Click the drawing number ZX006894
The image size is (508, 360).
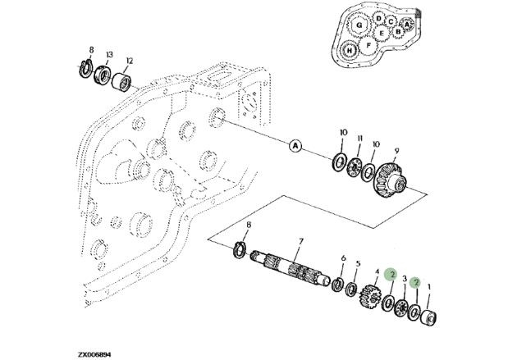(x=94, y=355)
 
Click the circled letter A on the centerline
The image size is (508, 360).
(x=295, y=146)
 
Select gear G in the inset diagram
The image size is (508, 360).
(x=359, y=25)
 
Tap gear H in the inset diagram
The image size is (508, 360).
(x=350, y=51)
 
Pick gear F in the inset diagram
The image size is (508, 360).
(x=368, y=46)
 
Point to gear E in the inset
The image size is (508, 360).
(x=382, y=33)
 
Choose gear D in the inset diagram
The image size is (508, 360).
(x=378, y=18)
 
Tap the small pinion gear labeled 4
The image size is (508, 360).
(x=369, y=296)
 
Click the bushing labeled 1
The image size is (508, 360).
(x=428, y=317)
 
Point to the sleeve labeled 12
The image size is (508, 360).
(x=122, y=81)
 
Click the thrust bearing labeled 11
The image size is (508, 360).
(x=354, y=168)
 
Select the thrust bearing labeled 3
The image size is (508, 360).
(x=402, y=308)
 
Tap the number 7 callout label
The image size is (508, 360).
(x=300, y=241)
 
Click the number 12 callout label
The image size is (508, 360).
(x=130, y=61)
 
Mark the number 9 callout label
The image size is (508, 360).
(x=396, y=151)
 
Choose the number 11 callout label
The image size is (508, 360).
(x=359, y=139)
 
